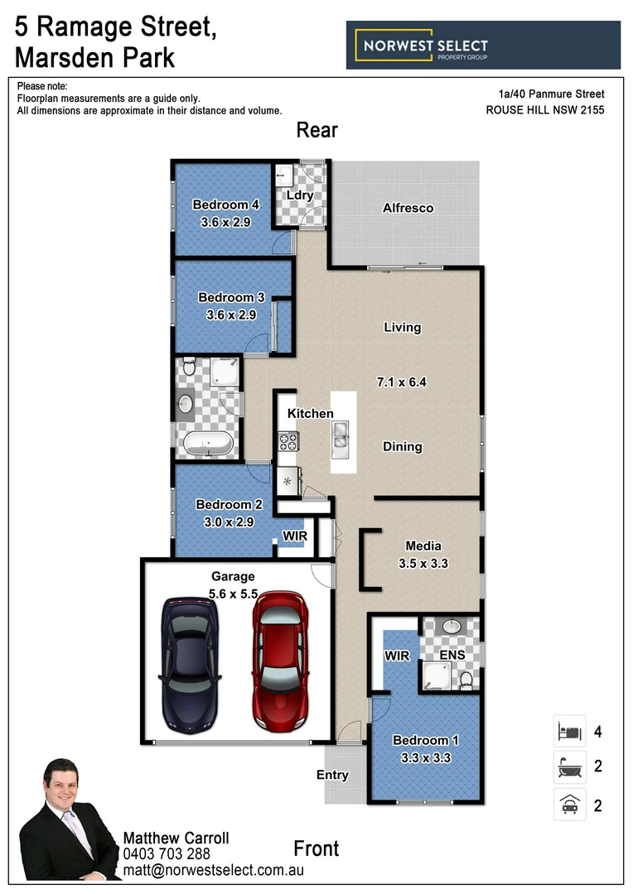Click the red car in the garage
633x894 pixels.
(280, 662)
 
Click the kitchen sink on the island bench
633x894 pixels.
(341, 432)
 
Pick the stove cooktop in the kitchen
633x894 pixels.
(288, 441)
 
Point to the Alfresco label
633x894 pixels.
(408, 208)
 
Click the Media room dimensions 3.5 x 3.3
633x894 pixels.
(423, 563)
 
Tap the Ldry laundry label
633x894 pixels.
(299, 195)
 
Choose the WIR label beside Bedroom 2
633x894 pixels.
(295, 536)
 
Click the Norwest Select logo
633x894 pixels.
(483, 46)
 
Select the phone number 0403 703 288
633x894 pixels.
(167, 854)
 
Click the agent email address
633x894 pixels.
(214, 870)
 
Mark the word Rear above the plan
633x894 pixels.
(317, 131)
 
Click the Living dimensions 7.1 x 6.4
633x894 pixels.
(402, 382)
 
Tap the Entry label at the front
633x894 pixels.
(332, 776)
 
